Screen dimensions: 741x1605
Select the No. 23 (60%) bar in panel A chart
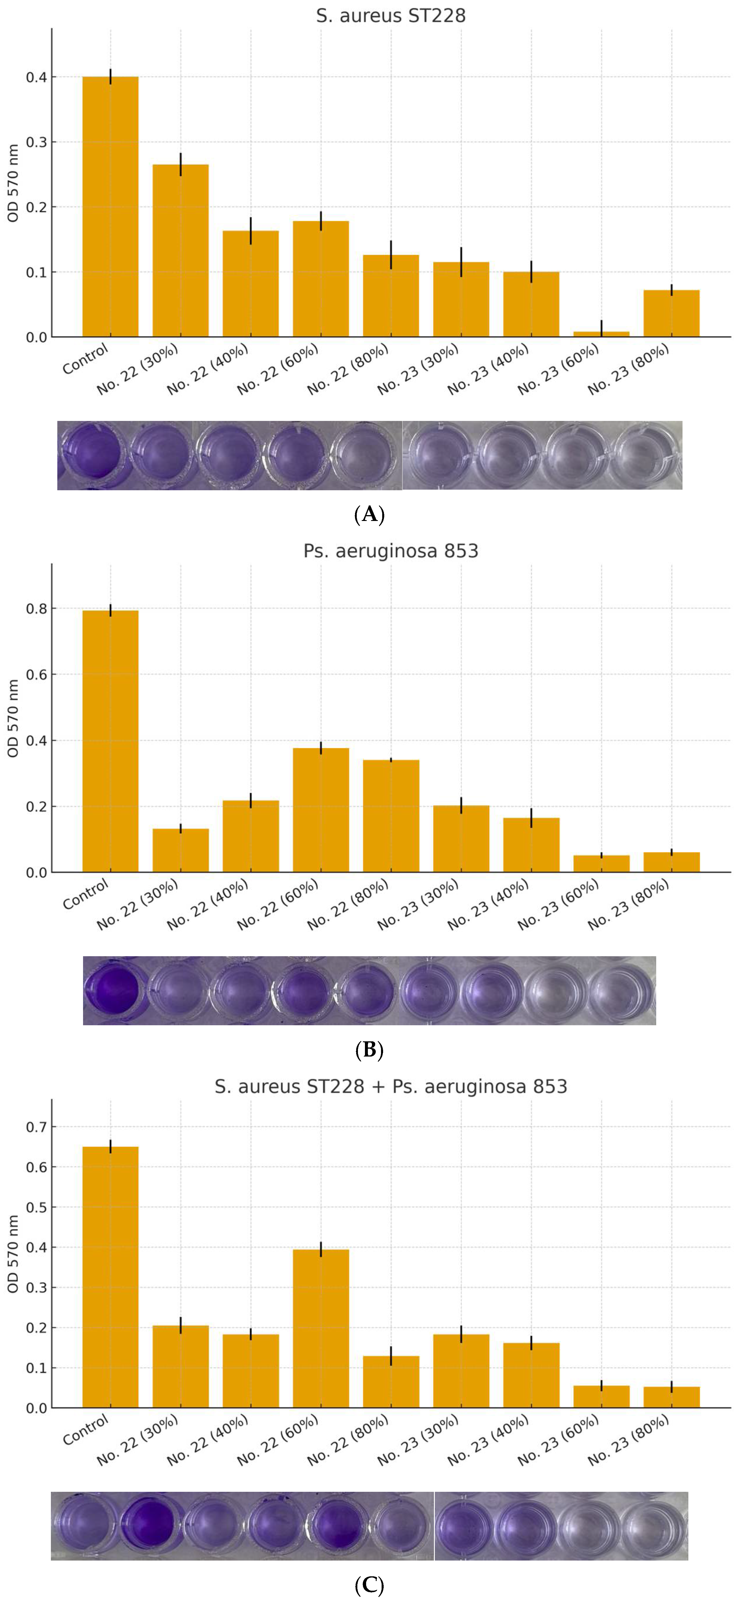[601, 334]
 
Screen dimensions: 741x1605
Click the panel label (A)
[369, 515]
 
